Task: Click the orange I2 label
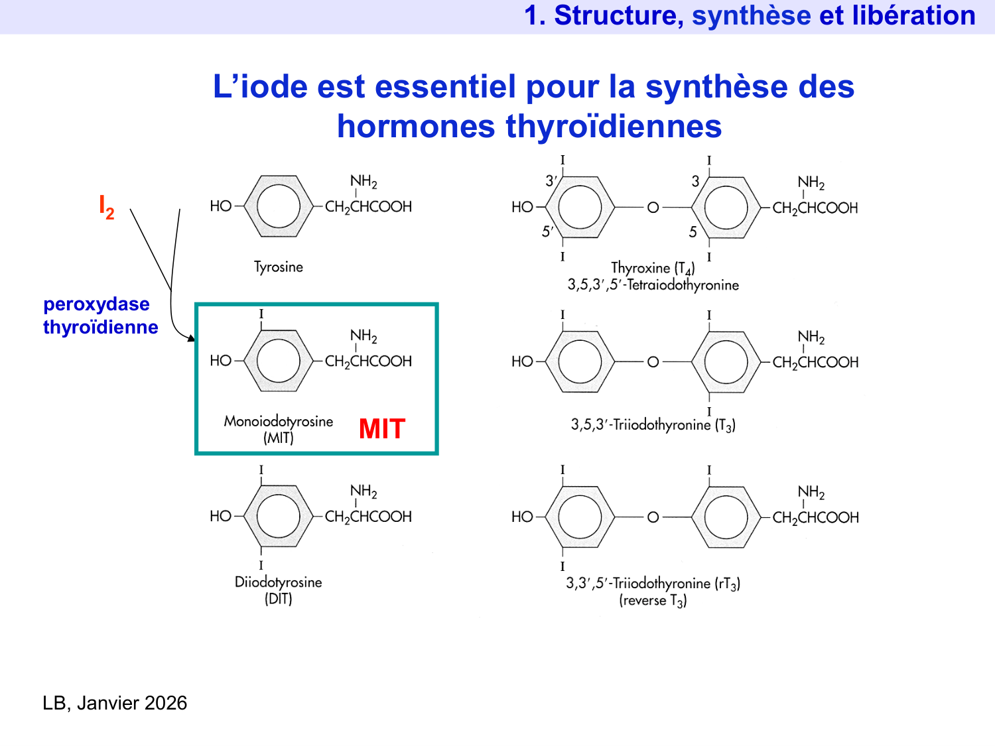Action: point(106,206)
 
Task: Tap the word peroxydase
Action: point(96,304)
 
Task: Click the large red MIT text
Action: point(381,429)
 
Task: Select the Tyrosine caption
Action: point(279,267)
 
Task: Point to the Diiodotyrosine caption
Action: point(279,582)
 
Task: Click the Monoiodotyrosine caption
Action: point(279,422)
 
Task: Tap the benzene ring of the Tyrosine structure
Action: point(279,206)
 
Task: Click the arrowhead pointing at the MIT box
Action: point(192,339)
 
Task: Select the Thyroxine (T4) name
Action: point(653,268)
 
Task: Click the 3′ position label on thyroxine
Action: point(551,181)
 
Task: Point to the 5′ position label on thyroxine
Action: point(547,231)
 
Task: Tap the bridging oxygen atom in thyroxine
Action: point(653,208)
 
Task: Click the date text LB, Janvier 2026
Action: point(115,703)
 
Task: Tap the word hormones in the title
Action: point(416,126)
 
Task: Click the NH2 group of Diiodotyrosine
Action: point(364,491)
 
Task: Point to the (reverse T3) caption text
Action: point(653,601)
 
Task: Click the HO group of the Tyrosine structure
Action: point(220,206)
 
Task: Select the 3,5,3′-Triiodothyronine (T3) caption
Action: point(653,425)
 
